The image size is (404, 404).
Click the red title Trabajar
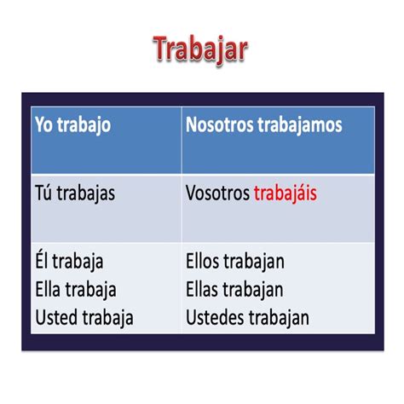click(201, 49)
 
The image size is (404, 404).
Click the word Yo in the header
click(44, 125)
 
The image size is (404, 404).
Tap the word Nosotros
click(218, 125)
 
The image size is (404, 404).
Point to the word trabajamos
click(297, 125)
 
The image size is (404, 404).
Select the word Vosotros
click(217, 193)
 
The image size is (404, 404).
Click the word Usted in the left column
click(56, 318)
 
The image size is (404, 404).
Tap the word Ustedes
click(213, 318)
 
